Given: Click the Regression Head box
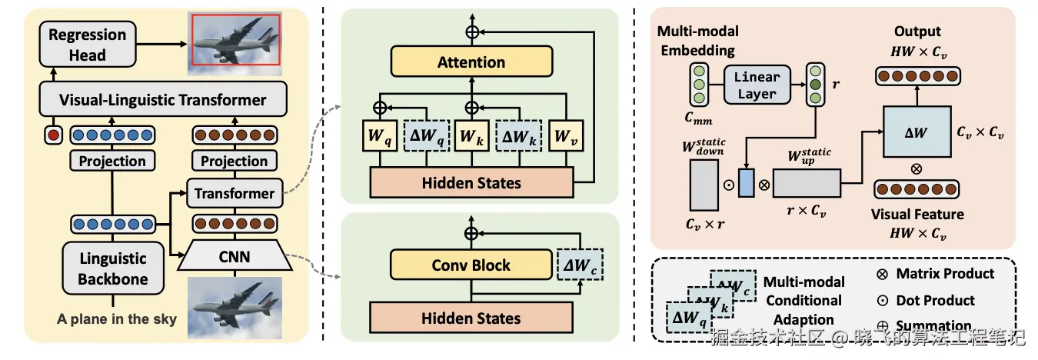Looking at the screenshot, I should (x=87, y=45).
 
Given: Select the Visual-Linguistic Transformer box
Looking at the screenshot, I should (x=163, y=100).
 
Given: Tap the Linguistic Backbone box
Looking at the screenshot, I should (x=112, y=268).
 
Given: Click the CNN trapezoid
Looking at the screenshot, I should (x=235, y=256).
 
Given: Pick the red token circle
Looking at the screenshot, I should (x=52, y=135).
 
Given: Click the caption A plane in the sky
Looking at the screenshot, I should (x=116, y=319).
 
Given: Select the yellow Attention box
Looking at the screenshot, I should (x=471, y=62).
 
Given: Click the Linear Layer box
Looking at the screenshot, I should (x=757, y=85).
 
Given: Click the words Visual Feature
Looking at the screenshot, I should (x=917, y=214).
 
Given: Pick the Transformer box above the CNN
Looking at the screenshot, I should (x=234, y=193).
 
